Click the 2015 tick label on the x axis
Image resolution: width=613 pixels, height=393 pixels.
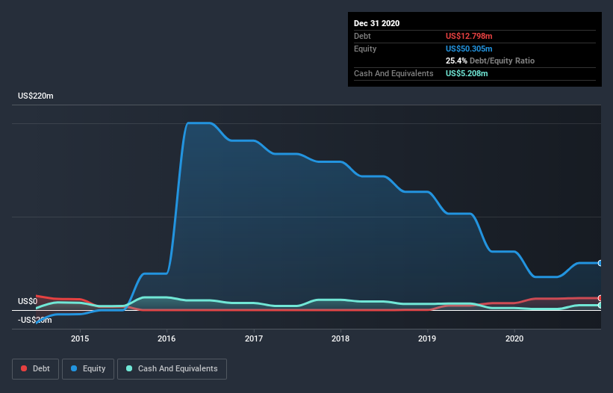[x=80, y=338]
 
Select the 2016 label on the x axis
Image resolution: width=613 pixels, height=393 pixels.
[x=167, y=338]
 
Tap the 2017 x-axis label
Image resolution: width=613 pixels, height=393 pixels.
[x=254, y=338]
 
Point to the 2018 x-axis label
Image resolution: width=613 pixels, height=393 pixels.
[x=340, y=338]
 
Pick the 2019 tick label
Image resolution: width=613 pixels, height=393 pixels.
[x=427, y=338]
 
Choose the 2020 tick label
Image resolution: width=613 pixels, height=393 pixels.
[x=514, y=338]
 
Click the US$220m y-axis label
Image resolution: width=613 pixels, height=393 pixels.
[x=36, y=96]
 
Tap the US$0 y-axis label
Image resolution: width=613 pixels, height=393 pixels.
[x=28, y=302]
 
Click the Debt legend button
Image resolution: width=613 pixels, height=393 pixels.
[x=34, y=368]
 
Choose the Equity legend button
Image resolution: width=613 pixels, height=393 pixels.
[x=88, y=368]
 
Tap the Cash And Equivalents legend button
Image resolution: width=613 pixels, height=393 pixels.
[x=172, y=368]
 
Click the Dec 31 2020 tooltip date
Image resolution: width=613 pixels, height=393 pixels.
[x=376, y=23]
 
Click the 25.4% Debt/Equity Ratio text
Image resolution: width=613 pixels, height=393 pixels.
[x=490, y=61]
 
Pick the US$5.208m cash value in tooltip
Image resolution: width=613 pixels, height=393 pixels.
[x=467, y=73]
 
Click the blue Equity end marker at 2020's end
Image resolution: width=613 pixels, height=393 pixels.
[x=600, y=263]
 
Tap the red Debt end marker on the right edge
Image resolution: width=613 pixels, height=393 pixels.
[x=600, y=298]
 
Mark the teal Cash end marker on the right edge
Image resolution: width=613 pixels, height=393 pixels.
[x=600, y=306]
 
